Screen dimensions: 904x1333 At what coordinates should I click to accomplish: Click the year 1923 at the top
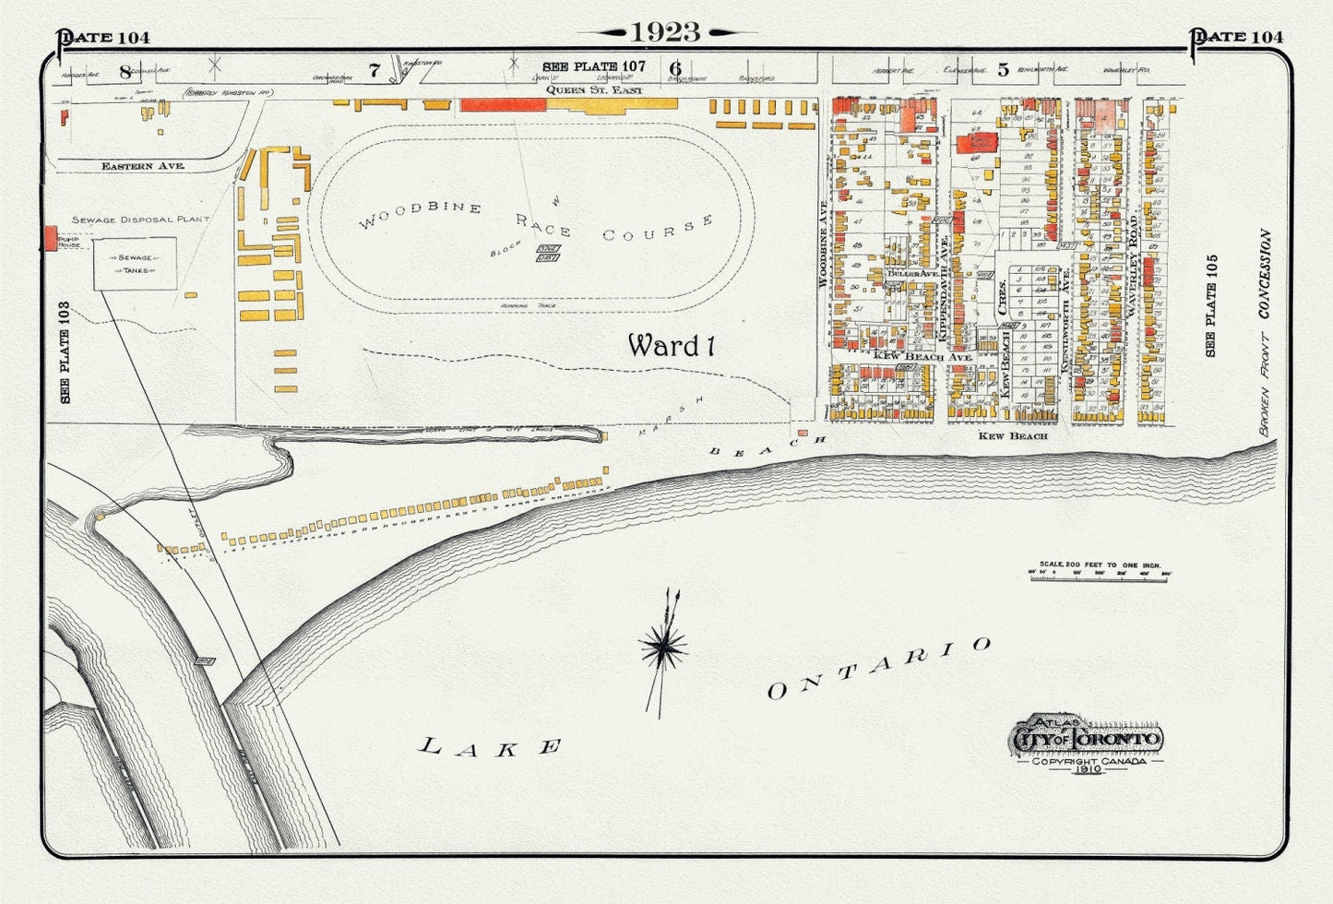click(x=665, y=32)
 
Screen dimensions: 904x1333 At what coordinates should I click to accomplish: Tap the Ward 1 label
click(x=671, y=346)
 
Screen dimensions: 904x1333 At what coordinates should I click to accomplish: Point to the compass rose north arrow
click(x=663, y=648)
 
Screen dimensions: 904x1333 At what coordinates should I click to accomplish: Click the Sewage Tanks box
click(x=135, y=264)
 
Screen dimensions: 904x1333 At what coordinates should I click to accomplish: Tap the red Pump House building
click(x=50, y=237)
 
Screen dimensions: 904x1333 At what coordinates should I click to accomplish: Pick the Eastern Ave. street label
click(x=143, y=166)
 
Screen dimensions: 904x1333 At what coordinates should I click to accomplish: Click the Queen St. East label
click(x=593, y=90)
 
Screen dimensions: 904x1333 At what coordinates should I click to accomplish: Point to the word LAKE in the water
click(x=491, y=746)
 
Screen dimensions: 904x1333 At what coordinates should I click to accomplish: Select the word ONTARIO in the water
click(x=878, y=669)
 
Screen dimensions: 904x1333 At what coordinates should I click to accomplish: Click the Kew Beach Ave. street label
click(x=922, y=356)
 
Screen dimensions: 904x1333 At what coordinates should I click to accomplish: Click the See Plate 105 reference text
click(x=1210, y=305)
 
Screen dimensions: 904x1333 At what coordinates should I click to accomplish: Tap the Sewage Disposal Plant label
click(x=140, y=220)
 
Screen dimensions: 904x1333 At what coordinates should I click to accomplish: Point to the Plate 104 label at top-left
click(x=103, y=38)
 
